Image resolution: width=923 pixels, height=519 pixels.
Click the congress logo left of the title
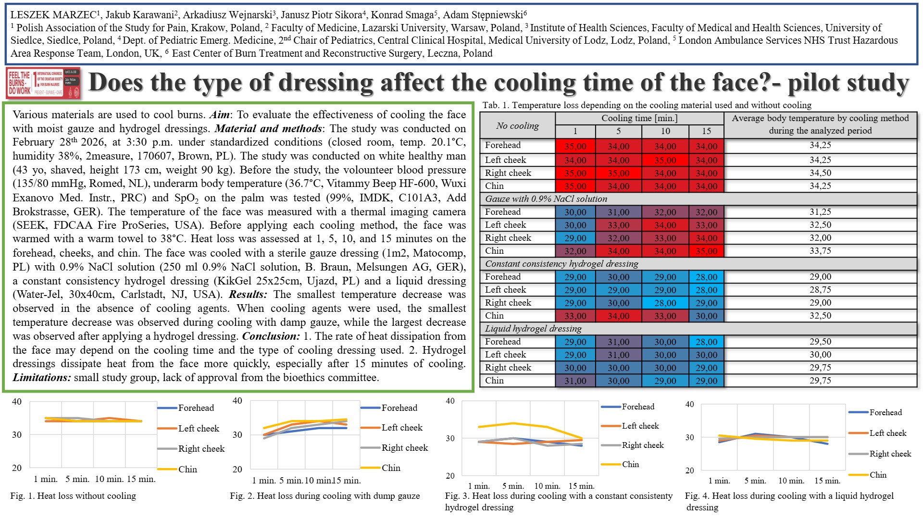(x=43, y=83)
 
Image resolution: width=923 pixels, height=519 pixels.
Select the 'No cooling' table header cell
(x=517, y=126)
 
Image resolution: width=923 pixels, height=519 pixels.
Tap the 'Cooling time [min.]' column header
(x=639, y=118)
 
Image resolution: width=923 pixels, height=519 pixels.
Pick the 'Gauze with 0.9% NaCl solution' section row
(x=546, y=199)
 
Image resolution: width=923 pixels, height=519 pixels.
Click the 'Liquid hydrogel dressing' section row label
(x=533, y=329)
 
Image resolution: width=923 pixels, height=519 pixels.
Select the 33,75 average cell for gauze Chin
(x=820, y=251)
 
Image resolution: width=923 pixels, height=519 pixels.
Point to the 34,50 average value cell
(x=820, y=173)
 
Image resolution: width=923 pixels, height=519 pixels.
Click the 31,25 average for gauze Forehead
(x=820, y=212)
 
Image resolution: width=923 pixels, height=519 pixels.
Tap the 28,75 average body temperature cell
(x=820, y=290)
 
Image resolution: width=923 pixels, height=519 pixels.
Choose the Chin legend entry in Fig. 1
(x=187, y=470)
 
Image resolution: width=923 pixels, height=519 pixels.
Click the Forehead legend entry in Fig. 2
(x=399, y=408)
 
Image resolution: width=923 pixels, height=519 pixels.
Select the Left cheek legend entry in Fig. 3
(x=640, y=426)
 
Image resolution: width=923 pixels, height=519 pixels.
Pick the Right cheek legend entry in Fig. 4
(x=890, y=454)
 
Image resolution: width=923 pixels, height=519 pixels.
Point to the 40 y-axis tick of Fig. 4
(x=689, y=405)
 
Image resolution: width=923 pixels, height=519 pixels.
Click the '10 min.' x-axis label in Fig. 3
(x=547, y=486)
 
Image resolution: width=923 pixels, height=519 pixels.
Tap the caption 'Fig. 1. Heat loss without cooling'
(x=73, y=496)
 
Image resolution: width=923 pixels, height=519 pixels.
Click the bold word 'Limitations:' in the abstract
(x=42, y=378)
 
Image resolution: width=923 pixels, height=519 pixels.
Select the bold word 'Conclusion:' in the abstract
(x=271, y=336)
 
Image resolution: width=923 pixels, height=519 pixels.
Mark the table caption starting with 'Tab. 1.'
(x=647, y=105)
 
